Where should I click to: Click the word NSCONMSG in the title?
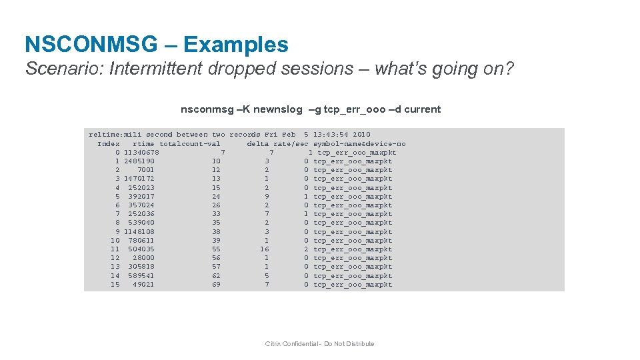[91, 45]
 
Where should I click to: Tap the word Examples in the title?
[236, 45]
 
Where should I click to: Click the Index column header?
[109, 143]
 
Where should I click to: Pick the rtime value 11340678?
[141, 153]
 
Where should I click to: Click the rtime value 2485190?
[139, 161]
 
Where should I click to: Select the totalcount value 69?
[216, 285]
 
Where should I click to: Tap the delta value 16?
[265, 249]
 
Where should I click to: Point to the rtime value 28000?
[143, 258]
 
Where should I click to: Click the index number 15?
[115, 285]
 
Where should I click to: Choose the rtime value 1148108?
[139, 232]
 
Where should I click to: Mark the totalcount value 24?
[216, 197]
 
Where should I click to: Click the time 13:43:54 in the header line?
[331, 135]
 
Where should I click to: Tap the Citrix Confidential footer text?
[319, 344]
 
